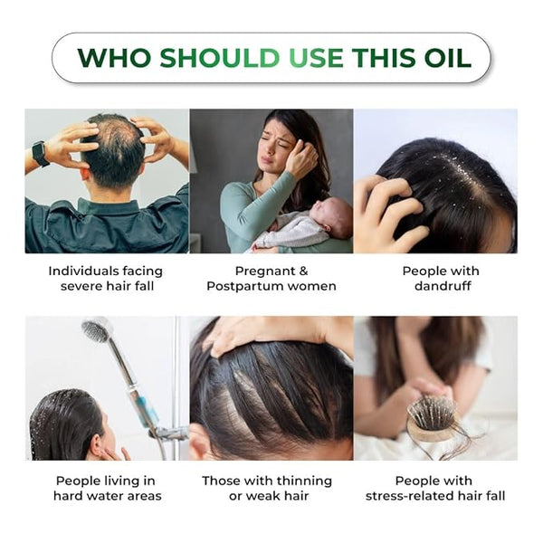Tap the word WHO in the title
(114, 58)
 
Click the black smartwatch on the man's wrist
(41, 154)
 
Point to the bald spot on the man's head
(117, 133)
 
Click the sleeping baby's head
(333, 216)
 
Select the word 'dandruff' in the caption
(443, 286)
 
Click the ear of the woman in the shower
(97, 443)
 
